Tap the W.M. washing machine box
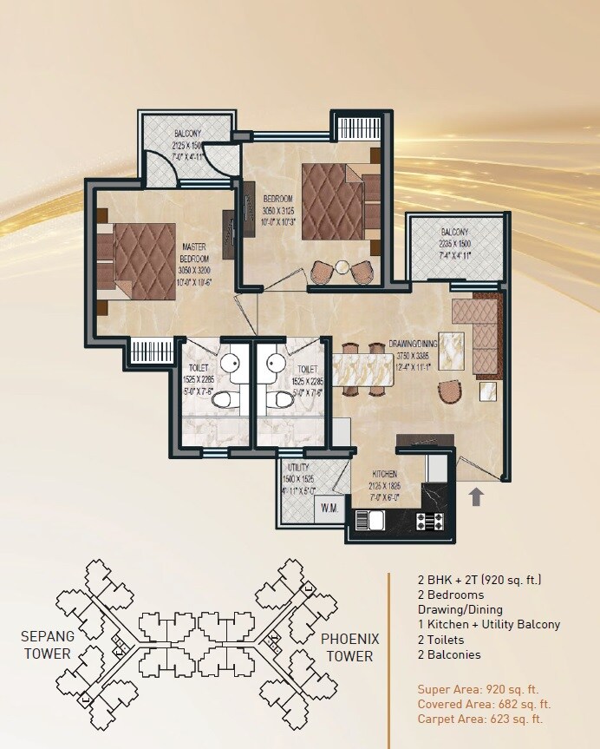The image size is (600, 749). pyautogui.click(x=329, y=507)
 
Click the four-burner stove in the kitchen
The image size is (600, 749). pyautogui.click(x=429, y=522)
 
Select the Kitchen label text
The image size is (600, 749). pyautogui.click(x=385, y=475)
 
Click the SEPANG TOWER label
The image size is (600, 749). pyautogui.click(x=49, y=645)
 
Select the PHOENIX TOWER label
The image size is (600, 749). pyautogui.click(x=349, y=647)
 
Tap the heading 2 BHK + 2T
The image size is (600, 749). pyautogui.click(x=480, y=579)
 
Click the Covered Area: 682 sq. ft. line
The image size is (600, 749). pyautogui.click(x=484, y=704)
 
